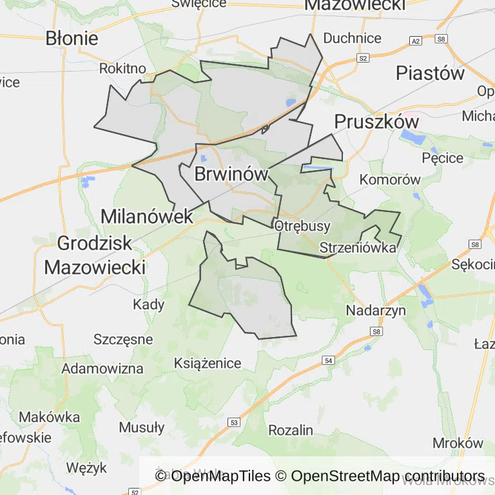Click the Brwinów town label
click(x=231, y=173)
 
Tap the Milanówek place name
click(x=148, y=216)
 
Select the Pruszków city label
click(x=376, y=122)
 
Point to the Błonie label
click(x=72, y=38)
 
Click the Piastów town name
click(x=430, y=73)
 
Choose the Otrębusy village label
click(x=302, y=226)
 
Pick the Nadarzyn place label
click(x=376, y=310)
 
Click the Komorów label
click(x=390, y=180)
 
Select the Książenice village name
click(x=208, y=363)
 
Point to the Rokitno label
click(x=122, y=68)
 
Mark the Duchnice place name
click(x=352, y=38)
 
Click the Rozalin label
click(x=291, y=430)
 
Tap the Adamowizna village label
click(x=102, y=369)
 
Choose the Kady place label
click(x=149, y=304)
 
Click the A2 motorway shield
click(x=416, y=41)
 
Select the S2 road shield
click(x=363, y=58)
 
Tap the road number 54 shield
click(x=329, y=362)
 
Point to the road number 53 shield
click(x=233, y=422)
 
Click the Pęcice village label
click(x=442, y=158)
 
